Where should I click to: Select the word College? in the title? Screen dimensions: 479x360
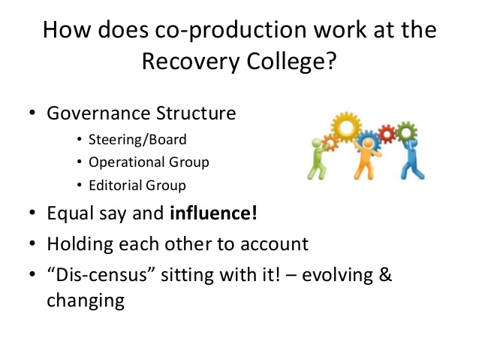tap(291, 62)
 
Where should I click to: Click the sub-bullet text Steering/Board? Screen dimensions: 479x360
tap(137, 140)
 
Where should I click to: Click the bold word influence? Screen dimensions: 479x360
tap(213, 213)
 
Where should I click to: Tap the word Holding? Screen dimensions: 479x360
tap(80, 245)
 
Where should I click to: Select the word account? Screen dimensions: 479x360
tap(274, 244)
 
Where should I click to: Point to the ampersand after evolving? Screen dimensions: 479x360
tap(385, 274)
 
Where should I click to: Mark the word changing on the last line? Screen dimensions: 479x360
tap(86, 301)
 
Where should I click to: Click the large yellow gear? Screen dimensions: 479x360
tap(346, 127)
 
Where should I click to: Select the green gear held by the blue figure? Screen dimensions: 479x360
tap(406, 132)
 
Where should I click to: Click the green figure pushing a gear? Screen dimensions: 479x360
tap(317, 159)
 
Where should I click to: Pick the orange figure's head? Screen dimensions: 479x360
tap(369, 143)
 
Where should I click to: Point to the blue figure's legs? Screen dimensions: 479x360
tap(412, 169)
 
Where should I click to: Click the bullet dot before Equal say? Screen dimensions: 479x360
tap(32, 212)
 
